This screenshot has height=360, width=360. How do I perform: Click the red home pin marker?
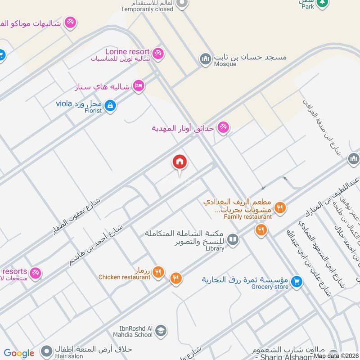point(180,162)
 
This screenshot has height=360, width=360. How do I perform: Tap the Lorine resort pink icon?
point(157,53)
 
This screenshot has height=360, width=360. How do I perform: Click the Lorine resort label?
point(127,52)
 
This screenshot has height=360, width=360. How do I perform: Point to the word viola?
point(64,104)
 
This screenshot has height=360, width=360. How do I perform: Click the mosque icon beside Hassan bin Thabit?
point(206,59)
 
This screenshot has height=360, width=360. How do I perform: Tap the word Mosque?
point(225,64)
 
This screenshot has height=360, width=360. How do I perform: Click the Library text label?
point(214,248)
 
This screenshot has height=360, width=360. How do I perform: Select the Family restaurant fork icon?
point(280,207)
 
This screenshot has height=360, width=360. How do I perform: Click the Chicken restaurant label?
point(124,277)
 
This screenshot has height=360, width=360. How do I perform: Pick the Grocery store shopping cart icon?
point(296,282)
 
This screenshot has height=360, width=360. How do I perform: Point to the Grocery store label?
point(269,287)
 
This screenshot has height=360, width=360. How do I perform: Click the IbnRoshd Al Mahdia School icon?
point(161,332)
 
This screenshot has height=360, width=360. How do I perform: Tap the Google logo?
point(19,353)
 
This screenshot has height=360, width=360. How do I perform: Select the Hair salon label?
point(69,356)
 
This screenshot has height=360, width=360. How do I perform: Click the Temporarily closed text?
point(147,9)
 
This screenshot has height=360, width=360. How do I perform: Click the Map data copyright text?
point(336,356)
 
